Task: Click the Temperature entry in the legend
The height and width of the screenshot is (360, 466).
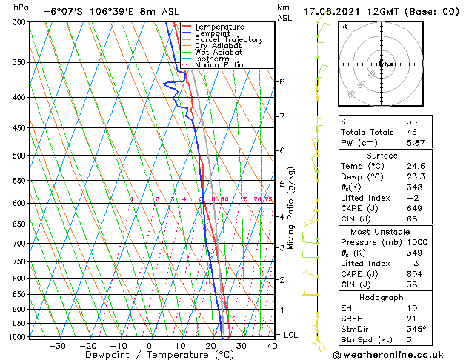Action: [x=219, y=27]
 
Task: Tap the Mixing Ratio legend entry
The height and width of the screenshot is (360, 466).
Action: [x=219, y=65]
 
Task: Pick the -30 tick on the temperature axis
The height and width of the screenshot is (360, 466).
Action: [x=57, y=346]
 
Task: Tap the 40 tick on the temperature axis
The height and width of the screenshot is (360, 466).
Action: [x=273, y=346]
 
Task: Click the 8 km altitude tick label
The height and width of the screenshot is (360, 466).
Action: [x=282, y=81]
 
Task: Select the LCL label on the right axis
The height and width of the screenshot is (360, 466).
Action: [x=290, y=335]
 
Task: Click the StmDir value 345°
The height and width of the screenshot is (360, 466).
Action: [x=415, y=330]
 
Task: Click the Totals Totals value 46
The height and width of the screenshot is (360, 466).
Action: [x=411, y=133]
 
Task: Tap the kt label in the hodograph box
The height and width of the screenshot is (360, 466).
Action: [x=344, y=26]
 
